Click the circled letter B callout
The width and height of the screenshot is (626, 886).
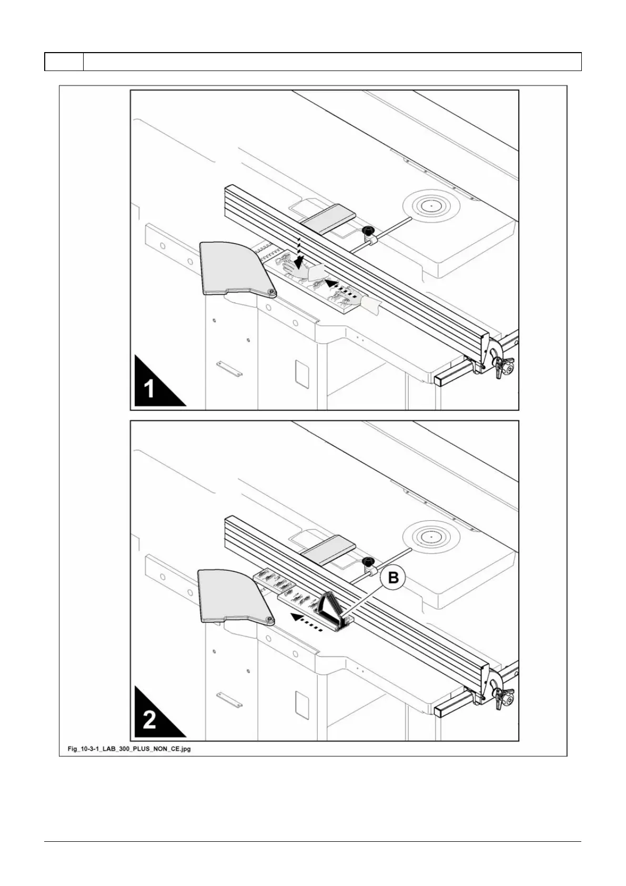[393, 578]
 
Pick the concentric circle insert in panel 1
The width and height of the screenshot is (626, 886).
[430, 206]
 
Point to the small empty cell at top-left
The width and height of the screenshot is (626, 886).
[64, 62]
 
